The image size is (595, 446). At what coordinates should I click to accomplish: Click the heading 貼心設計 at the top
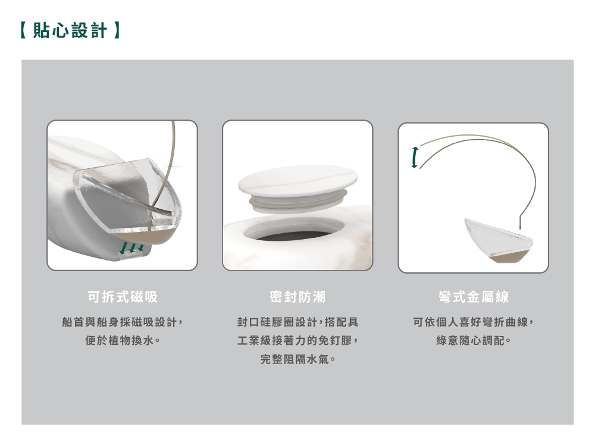(x=70, y=30)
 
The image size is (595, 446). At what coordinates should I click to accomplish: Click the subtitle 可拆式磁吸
(x=122, y=297)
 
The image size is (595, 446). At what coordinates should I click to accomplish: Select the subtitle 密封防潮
(x=297, y=297)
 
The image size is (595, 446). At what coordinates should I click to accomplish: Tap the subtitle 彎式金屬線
(x=473, y=297)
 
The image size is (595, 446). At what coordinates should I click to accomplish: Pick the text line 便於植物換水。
(x=122, y=341)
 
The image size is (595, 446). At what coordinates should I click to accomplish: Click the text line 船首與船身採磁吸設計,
(x=122, y=322)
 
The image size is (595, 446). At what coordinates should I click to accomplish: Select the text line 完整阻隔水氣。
(x=297, y=360)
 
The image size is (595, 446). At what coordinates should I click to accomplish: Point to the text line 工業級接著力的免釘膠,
(x=297, y=341)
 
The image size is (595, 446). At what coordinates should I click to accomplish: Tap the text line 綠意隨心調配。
(x=473, y=341)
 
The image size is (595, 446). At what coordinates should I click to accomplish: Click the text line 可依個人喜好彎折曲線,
(x=473, y=322)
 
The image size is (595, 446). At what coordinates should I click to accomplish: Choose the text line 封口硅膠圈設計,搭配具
(x=297, y=322)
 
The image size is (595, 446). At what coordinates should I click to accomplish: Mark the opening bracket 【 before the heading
(x=24, y=30)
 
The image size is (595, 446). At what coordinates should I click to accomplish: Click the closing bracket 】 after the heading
(x=117, y=30)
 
